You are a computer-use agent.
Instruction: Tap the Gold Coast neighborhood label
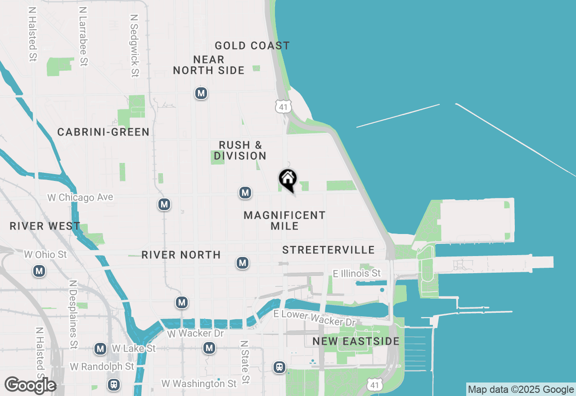252,45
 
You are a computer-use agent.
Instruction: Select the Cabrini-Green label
103,132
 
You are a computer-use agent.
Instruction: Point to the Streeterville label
328,250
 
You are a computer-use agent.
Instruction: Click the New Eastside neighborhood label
356,341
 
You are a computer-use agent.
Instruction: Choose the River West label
45,226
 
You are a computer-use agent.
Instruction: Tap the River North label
181,255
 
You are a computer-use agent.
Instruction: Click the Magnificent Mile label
284,220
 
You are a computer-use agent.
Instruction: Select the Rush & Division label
240,150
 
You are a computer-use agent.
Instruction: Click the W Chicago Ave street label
80,197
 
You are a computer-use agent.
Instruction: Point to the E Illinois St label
357,273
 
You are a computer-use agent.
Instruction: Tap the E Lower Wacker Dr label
315,319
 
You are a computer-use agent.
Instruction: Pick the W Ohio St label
45,255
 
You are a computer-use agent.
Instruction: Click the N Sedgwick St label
134,45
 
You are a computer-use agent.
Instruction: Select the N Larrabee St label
83,36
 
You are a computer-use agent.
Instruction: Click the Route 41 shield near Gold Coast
283,107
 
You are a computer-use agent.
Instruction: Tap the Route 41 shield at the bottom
375,385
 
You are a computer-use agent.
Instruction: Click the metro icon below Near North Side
201,93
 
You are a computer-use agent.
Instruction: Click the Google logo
30,385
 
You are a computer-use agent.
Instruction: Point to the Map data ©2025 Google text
521,390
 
